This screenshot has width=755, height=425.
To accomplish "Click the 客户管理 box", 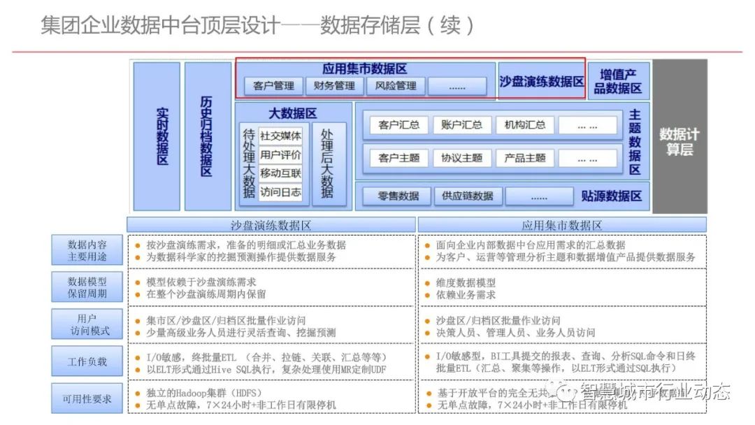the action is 274,86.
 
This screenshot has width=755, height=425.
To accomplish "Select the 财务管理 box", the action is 335,86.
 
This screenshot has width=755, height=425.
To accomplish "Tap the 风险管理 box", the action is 396,86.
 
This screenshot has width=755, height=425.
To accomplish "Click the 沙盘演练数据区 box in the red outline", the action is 542,81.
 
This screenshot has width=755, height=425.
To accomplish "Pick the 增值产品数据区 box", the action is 618,81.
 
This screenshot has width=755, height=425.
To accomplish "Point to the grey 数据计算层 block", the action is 679,137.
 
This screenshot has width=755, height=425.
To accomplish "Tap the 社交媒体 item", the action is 280,136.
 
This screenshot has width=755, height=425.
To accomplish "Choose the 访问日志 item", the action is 280,192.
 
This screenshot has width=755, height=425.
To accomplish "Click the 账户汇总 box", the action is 461,125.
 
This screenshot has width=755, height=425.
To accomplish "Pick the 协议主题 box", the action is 461,158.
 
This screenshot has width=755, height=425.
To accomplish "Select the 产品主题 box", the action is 524,158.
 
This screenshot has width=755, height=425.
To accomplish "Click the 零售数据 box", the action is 398,196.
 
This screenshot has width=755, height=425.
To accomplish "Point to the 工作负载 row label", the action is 87,361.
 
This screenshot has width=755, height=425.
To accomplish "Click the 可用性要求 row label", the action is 87,399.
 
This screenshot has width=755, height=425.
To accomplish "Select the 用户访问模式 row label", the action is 87,324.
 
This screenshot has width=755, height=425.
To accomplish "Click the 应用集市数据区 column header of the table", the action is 562,225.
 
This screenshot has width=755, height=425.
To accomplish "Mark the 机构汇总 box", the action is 524,125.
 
